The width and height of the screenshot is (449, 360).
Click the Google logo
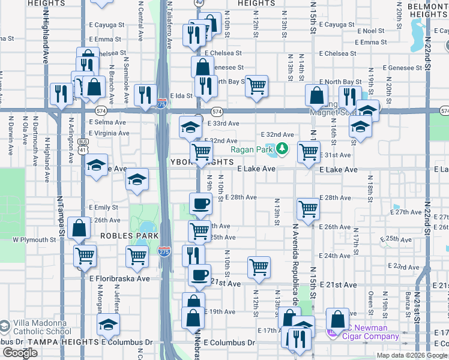(x=20, y=353)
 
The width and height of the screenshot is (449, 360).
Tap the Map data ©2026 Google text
(x=412, y=355)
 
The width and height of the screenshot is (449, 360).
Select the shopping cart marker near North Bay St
(x=256, y=86)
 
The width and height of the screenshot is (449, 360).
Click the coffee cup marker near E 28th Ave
(x=200, y=203)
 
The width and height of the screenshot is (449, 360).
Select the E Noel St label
(x=370, y=31)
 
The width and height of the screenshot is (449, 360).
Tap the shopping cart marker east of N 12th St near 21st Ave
(x=259, y=266)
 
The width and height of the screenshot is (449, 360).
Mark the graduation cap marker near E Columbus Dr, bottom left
(x=109, y=325)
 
